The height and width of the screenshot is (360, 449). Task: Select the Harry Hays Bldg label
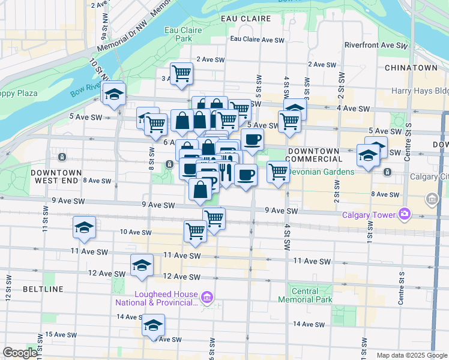(x=420, y=91)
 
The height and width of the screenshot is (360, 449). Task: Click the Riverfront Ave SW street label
(x=376, y=46)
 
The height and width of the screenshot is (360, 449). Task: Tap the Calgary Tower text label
(x=369, y=215)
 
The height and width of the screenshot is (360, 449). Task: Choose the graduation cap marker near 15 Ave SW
(x=153, y=326)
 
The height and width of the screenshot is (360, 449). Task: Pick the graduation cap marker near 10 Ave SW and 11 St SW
(x=84, y=227)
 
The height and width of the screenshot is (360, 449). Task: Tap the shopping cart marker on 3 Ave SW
(x=181, y=74)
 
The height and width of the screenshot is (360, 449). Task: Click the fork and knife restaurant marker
(x=225, y=173)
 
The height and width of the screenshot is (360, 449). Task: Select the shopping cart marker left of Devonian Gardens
(x=277, y=172)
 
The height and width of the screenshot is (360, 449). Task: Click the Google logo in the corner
(x=20, y=353)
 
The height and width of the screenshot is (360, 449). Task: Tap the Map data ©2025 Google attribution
(x=412, y=355)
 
